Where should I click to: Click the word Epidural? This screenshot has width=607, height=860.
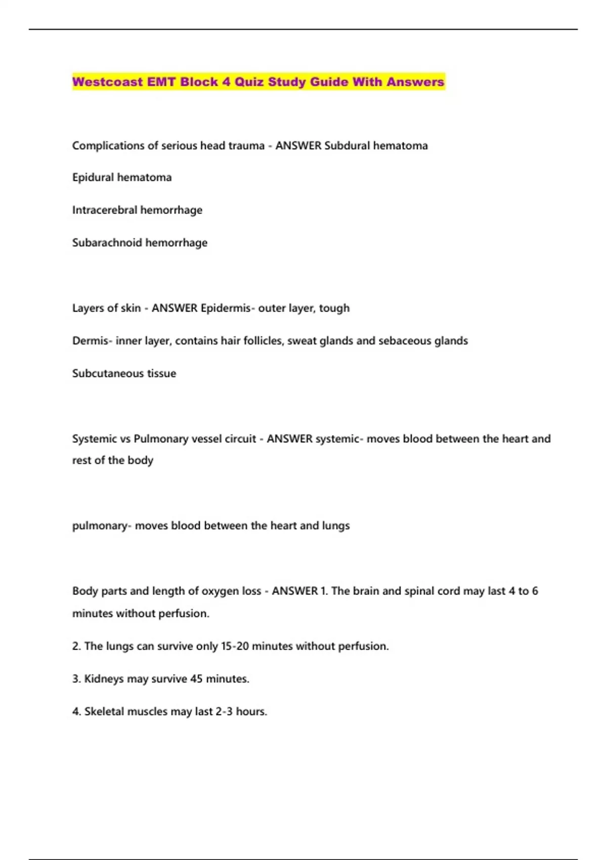(93, 178)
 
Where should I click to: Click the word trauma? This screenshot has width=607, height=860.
(246, 146)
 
